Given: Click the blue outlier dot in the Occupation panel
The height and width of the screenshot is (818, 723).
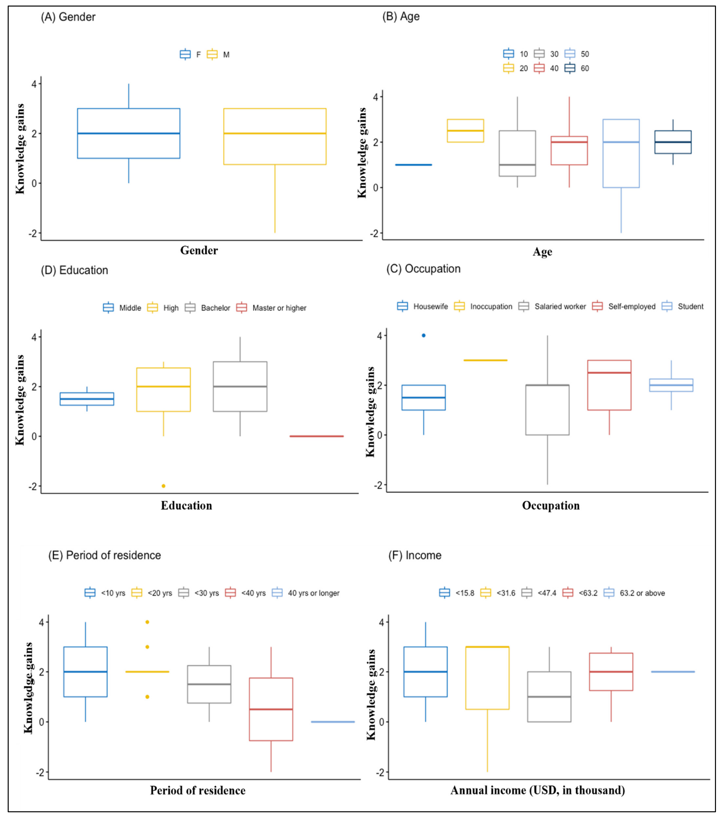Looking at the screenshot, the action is coord(424,335).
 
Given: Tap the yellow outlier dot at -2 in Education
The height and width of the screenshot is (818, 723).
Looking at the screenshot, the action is coord(164,486).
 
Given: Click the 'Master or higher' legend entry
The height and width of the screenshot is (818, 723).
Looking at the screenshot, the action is coord(271,308).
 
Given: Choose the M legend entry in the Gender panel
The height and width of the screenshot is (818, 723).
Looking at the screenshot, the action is coord(218,54).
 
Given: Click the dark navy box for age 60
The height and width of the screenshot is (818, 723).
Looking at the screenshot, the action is coord(673,142).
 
